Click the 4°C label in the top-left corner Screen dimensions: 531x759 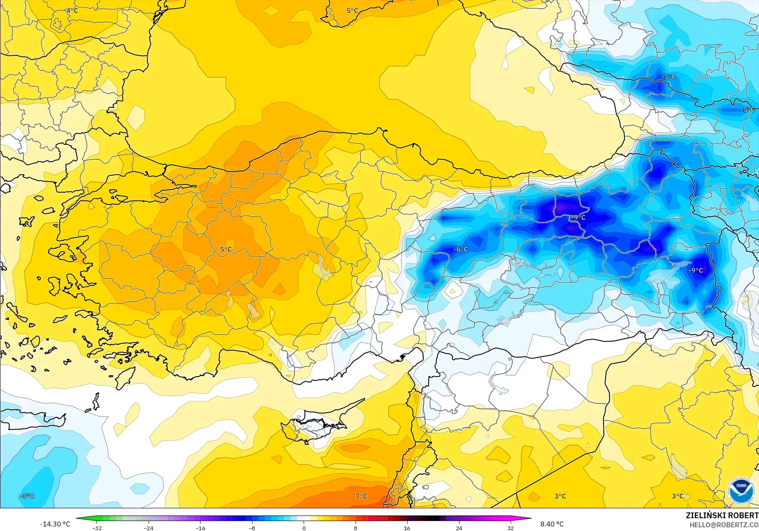pyautogui.click(x=72, y=10)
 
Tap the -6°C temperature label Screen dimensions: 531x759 pyautogui.click(x=461, y=249)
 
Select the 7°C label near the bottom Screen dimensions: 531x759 pyautogui.click(x=361, y=496)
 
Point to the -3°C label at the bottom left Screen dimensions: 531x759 pyautogui.click(x=27, y=496)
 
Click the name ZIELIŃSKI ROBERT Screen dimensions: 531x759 pyautogui.click(x=722, y=515)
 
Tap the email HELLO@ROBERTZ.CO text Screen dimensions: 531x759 pyautogui.click(x=724, y=525)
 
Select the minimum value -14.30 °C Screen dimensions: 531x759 pyautogui.click(x=55, y=524)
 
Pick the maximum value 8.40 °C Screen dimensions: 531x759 pyautogui.click(x=552, y=524)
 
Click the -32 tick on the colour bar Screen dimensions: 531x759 pyautogui.click(x=97, y=528)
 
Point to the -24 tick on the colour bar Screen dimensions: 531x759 pyautogui.click(x=148, y=528)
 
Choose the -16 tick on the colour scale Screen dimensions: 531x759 pyautogui.click(x=200, y=528)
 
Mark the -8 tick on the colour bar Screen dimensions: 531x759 pyautogui.click(x=252, y=528)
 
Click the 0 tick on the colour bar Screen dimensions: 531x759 pyautogui.click(x=304, y=528)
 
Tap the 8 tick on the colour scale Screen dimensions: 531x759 pyautogui.click(x=356, y=528)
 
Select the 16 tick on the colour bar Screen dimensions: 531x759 pyautogui.click(x=407, y=528)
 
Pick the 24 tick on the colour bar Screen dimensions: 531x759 pyautogui.click(x=459, y=528)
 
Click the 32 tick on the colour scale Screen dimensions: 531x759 pyautogui.click(x=511, y=528)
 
